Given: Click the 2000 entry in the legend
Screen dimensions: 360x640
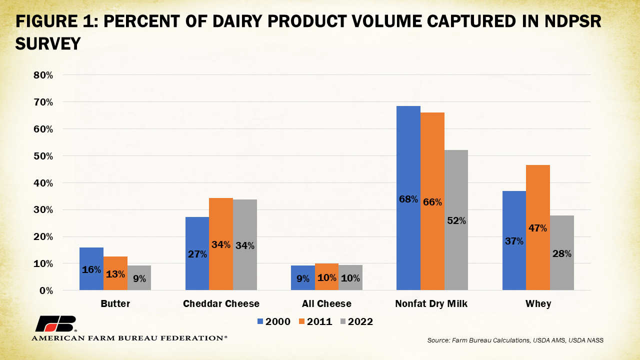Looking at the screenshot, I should tap(274, 321).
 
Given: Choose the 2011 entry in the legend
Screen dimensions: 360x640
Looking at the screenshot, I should tap(315, 321).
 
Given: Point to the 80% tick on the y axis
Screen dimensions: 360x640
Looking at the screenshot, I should tap(43, 75).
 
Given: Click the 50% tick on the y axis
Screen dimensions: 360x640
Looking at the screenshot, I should tap(43, 156).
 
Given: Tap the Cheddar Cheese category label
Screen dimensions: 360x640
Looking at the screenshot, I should tap(221, 304).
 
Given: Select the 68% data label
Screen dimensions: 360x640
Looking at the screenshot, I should tap(408, 199).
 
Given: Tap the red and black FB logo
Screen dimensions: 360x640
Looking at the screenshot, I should tap(55, 324).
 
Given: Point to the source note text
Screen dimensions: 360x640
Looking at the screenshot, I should tap(515, 340).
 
